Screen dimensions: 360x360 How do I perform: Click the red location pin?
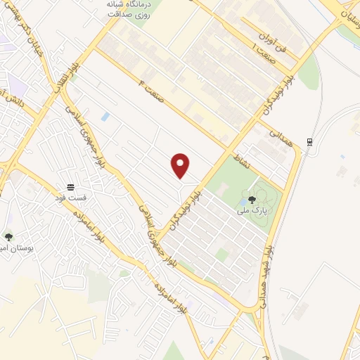coord(181,165)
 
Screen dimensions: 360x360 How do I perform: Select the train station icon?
coord(309,143)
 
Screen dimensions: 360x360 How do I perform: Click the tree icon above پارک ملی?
coord(252,200)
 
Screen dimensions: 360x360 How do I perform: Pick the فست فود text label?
coord(70,198)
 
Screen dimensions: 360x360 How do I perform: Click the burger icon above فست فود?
coord(70,187)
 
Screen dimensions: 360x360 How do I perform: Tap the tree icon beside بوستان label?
coord(8,238)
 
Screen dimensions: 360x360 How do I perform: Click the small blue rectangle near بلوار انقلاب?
coord(105,117)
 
